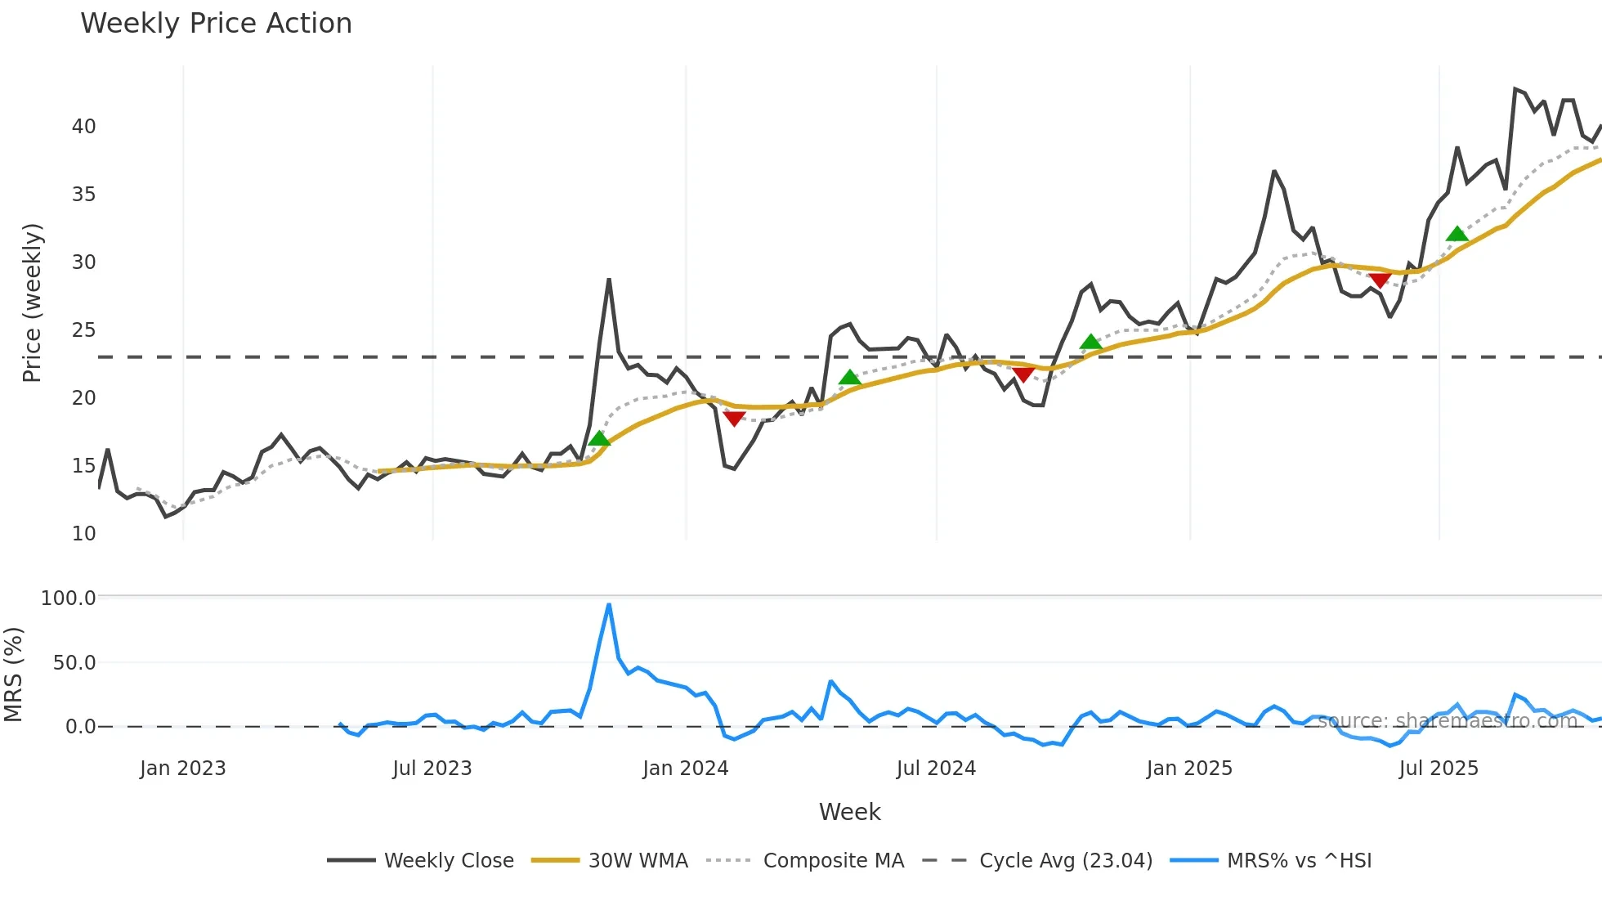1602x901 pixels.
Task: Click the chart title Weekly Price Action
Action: coord(216,24)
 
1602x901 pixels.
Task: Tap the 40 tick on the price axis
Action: coord(83,127)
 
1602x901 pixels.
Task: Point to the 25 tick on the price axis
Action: coord(83,330)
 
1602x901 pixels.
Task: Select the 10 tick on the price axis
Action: coord(83,534)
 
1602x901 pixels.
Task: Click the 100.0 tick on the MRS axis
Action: coord(69,598)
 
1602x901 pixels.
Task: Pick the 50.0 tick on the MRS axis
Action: coord(74,662)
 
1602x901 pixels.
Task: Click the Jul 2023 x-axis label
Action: coord(432,769)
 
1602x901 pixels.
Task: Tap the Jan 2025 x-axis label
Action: coord(1189,769)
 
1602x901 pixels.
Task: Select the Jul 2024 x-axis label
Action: coord(936,769)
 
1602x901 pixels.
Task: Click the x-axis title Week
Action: coord(849,812)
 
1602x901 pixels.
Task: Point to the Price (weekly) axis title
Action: coord(32,303)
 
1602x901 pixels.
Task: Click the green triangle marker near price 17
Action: coord(599,439)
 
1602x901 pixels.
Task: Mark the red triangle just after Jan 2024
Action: coord(734,419)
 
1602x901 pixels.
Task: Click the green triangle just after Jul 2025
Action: coord(1457,235)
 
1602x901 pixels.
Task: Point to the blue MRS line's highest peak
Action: coord(609,605)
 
